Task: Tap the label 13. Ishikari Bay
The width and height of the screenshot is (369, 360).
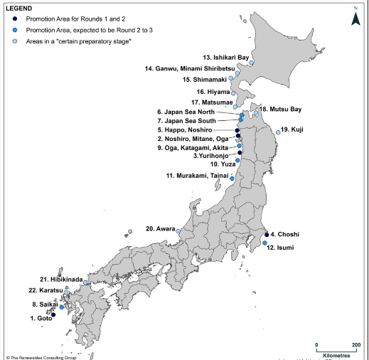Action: tap(225, 56)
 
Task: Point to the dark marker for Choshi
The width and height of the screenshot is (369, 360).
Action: tap(266, 234)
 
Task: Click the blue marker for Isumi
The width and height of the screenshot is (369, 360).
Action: tap(264, 243)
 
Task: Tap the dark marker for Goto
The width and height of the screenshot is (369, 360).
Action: tap(53, 314)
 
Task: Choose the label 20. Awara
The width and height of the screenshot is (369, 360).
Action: tap(160, 229)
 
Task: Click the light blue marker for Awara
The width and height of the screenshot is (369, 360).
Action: tap(178, 231)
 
